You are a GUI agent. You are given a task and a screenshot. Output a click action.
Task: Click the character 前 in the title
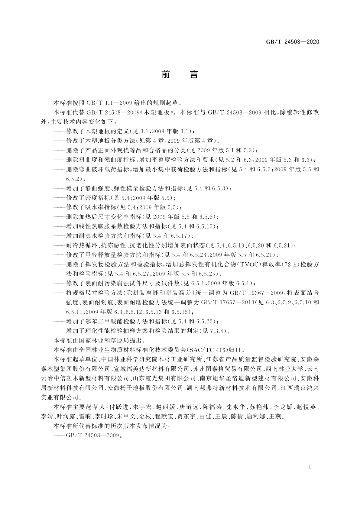pyautogui.click(x=166, y=74)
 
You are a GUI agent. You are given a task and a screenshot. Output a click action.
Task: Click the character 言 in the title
pyautogui.click(x=194, y=74)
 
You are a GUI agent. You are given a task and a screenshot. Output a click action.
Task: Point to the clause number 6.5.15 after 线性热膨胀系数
pyautogui.click(x=205, y=226)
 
